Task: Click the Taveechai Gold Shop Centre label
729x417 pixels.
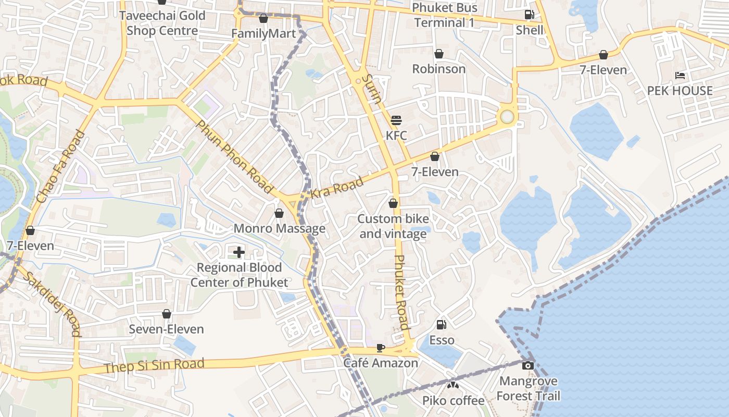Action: pyautogui.click(x=162, y=23)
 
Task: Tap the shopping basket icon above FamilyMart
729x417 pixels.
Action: pyautogui.click(x=263, y=19)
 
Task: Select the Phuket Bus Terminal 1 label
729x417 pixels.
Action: pyautogui.click(x=445, y=15)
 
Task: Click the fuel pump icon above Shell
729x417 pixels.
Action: pyautogui.click(x=530, y=15)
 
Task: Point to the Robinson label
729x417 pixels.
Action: pyautogui.click(x=439, y=69)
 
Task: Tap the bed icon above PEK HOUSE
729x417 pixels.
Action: pyautogui.click(x=680, y=76)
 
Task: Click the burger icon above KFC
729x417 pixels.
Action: pyautogui.click(x=396, y=120)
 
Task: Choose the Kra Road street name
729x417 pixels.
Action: pyautogui.click(x=336, y=188)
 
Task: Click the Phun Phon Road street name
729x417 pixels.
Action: pyautogui.click(x=234, y=157)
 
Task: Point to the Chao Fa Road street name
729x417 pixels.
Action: pyautogui.click(x=61, y=167)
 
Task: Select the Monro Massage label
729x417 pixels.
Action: pyautogui.click(x=280, y=228)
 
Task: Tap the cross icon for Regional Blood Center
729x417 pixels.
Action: pyautogui.click(x=239, y=252)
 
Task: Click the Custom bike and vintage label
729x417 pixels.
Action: pyautogui.click(x=393, y=226)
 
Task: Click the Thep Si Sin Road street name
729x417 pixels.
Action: pyautogui.click(x=154, y=365)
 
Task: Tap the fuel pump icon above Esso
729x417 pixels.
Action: pyautogui.click(x=441, y=325)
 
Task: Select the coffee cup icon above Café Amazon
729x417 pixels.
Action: pyautogui.click(x=381, y=348)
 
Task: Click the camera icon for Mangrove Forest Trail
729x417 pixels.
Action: pyautogui.click(x=528, y=365)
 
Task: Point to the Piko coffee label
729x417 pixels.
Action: pyautogui.click(x=453, y=400)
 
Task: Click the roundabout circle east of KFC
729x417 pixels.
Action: pyautogui.click(x=507, y=117)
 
